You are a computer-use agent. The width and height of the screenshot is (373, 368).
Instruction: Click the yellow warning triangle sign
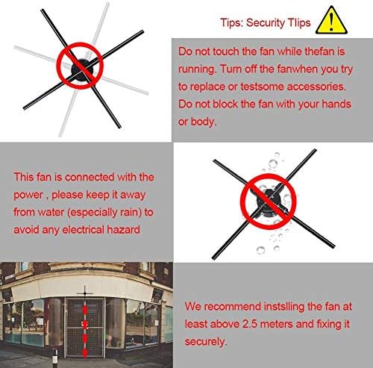[331, 21]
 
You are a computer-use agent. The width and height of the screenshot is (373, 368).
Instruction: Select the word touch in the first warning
[226, 52]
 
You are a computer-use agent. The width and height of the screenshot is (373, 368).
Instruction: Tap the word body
[204, 122]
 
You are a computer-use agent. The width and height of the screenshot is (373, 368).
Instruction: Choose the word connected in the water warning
[90, 177]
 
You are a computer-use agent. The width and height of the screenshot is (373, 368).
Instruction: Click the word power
[28, 196]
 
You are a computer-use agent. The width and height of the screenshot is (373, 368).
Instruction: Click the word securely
[206, 342]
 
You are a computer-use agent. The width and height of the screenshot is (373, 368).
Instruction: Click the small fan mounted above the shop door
[85, 293]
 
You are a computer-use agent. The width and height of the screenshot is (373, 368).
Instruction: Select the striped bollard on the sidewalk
[55, 358]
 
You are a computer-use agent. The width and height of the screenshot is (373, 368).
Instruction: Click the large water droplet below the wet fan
[260, 250]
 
